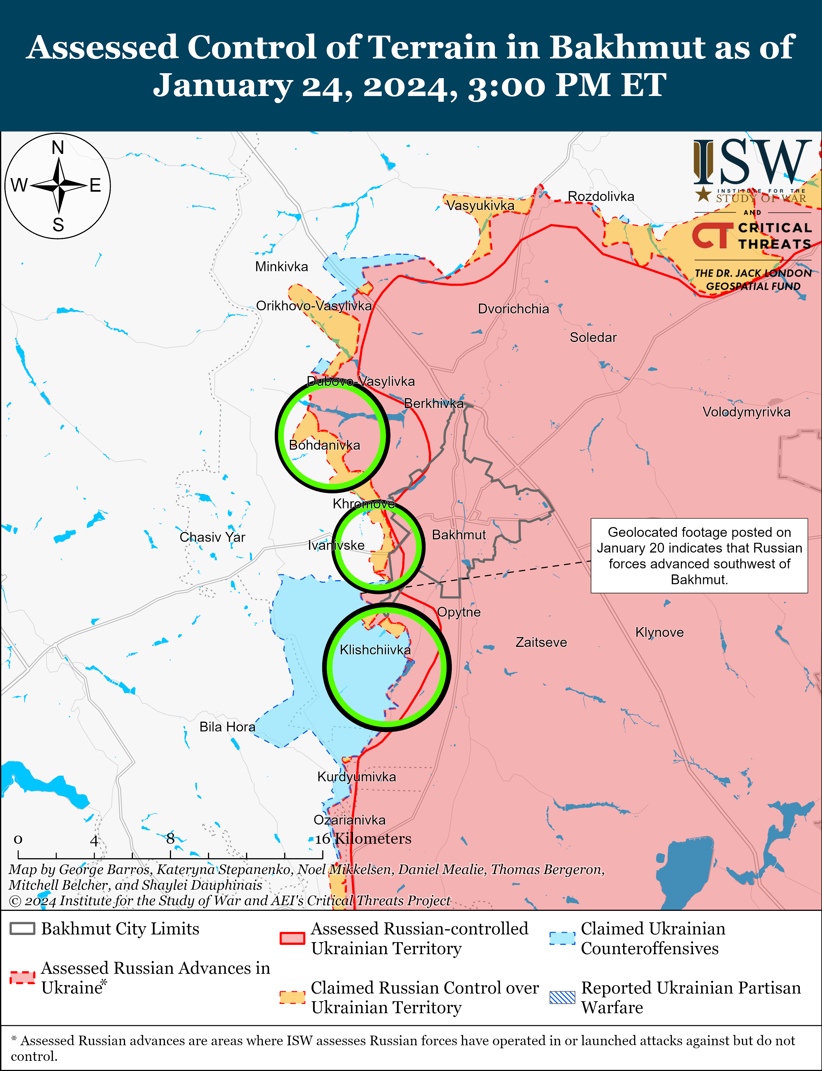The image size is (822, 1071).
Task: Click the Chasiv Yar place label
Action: [212, 537]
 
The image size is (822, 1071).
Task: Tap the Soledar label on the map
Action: [593, 337]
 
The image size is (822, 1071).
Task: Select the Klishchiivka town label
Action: [375, 650]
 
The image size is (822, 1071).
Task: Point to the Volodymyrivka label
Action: [746, 412]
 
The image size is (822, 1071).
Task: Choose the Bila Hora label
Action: [227, 727]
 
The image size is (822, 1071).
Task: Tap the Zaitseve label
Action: [541, 642]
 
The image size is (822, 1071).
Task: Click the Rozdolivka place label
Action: [601, 196]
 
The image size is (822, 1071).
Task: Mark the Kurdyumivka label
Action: [357, 777]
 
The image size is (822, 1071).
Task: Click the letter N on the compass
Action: [58, 147]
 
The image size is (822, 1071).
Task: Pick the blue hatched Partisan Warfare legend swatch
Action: [562, 997]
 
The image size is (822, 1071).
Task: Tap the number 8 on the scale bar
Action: [170, 838]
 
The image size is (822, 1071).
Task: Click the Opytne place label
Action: [459, 612]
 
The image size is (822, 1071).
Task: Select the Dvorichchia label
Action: [513, 309]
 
